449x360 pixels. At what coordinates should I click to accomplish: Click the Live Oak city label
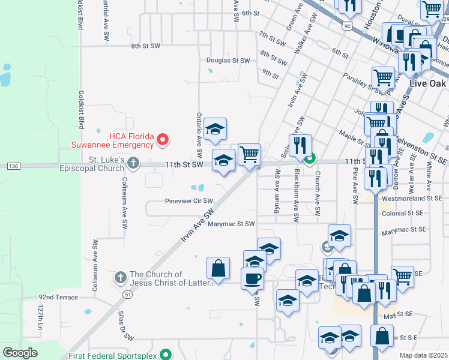coord(427,83)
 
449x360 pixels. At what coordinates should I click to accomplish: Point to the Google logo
coord(20,352)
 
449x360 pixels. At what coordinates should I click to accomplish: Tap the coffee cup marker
coord(252,278)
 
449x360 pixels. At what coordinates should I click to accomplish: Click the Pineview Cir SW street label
coord(189,201)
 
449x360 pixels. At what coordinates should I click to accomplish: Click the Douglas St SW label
coord(228,61)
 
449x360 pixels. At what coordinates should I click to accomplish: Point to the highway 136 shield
coord(13,165)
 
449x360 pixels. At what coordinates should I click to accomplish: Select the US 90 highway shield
coord(348,26)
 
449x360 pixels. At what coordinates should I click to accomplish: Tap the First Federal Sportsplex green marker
coord(166,355)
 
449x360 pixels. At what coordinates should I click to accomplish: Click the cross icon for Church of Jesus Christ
coord(120,277)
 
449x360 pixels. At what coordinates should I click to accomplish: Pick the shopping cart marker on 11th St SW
coord(249,154)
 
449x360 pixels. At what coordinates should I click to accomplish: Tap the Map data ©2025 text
coord(424,355)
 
